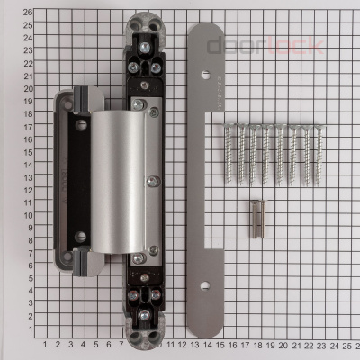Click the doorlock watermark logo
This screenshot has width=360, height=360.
tap(265, 46)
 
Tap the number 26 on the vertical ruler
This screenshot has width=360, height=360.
tap(28, 13)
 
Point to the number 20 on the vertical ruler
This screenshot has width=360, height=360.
tap(28, 88)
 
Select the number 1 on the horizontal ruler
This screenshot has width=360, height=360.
tap(45, 344)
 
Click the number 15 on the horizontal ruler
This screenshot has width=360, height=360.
tap(220, 344)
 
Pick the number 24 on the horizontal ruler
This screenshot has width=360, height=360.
tap(332, 344)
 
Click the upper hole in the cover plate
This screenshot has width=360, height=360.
tap(205, 75)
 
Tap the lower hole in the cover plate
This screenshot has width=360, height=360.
tap(205, 285)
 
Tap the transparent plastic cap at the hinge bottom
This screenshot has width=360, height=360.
tap(144, 334)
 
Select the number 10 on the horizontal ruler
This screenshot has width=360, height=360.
tap(157, 344)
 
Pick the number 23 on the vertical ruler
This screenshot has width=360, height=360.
tap(28, 50)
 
